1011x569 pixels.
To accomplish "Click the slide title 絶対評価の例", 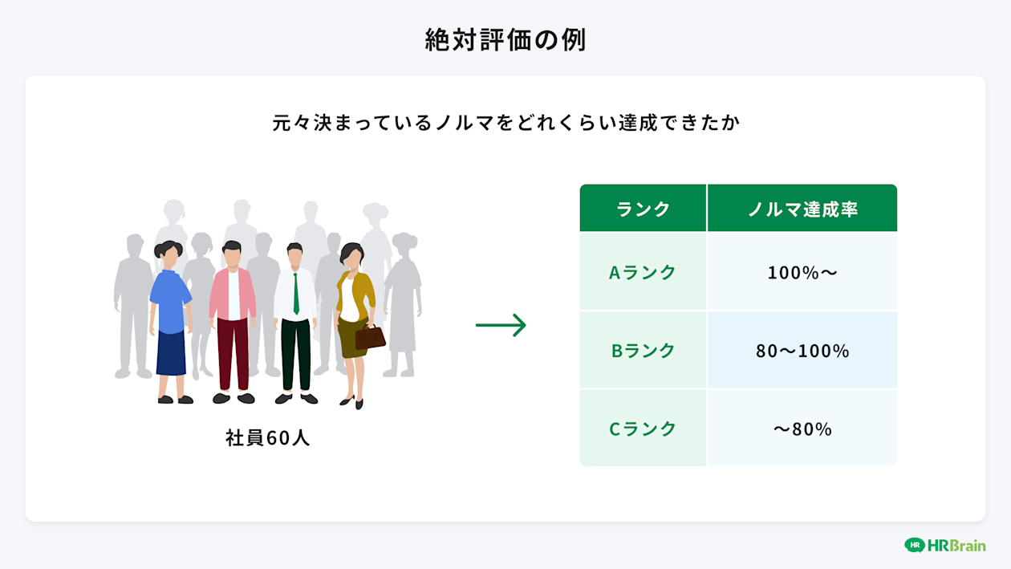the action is tap(505, 40).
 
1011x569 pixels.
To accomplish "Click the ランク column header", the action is tap(643, 209).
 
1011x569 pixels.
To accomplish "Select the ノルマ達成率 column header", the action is tap(802, 209).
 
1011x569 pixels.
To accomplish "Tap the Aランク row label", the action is tap(643, 272).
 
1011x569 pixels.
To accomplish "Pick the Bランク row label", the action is tap(643, 351).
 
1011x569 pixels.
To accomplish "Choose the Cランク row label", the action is tap(643, 429).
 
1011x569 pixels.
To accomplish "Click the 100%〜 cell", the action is tap(802, 272).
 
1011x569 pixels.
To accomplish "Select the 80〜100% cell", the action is tap(802, 351).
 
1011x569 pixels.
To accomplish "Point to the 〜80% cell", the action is tap(802, 429).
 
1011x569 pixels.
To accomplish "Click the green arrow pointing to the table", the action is tap(501, 325).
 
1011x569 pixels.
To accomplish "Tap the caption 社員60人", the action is tap(267, 438).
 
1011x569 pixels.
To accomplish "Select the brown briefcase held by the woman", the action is tap(370, 337).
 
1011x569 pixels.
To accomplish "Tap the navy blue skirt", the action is tap(171, 353).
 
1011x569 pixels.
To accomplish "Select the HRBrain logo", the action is tap(944, 545).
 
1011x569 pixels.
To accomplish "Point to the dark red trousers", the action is tap(233, 353).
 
